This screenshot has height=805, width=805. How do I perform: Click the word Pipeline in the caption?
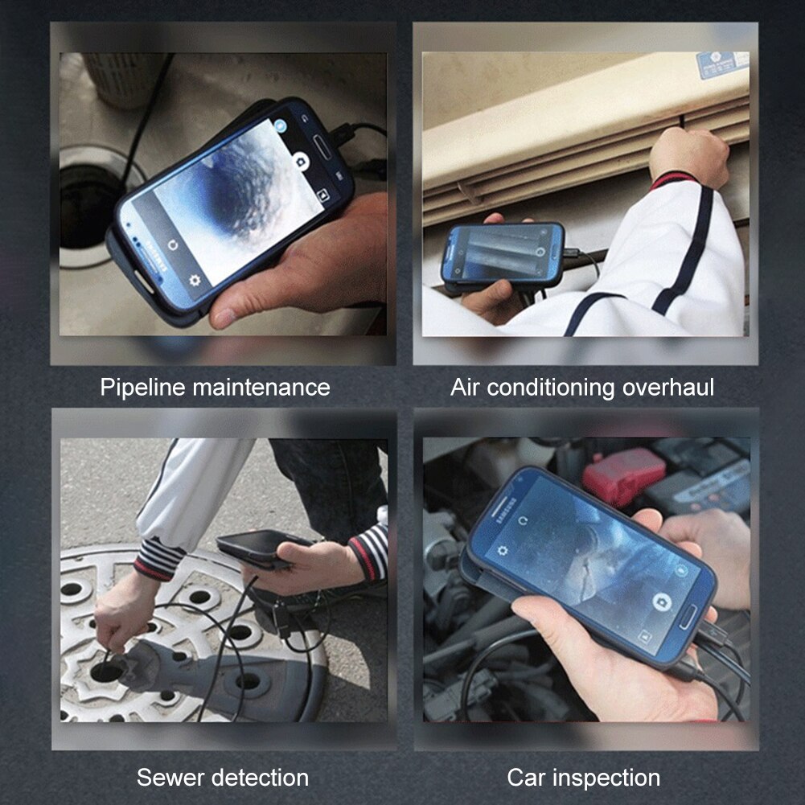pos(140,388)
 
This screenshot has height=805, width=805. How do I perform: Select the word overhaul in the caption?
pos(668,388)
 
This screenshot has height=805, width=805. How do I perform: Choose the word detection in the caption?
pos(260,778)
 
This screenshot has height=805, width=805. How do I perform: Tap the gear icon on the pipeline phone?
pos(194,281)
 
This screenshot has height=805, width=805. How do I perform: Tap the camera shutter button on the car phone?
pos(661,602)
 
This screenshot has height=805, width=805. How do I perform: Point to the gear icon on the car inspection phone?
pos(503,552)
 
